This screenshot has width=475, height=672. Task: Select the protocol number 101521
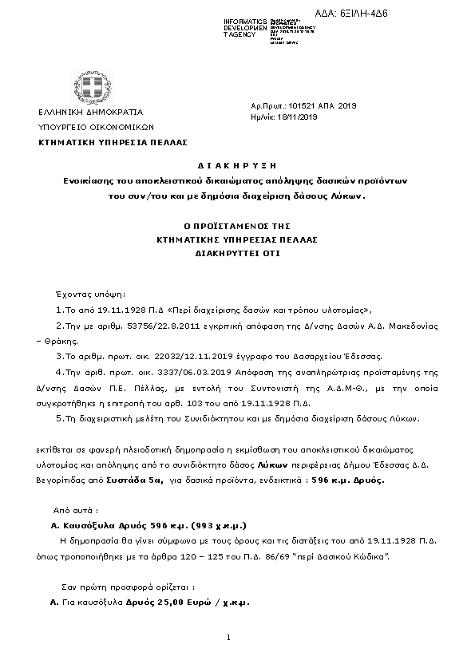(x=300, y=105)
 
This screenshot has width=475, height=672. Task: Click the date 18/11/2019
(x=296, y=117)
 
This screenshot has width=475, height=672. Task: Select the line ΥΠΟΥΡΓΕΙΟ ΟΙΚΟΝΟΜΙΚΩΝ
(x=96, y=126)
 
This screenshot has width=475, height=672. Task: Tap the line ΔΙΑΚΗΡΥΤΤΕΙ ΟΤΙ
(x=237, y=251)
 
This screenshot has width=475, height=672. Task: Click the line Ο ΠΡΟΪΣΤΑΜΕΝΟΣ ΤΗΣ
(x=237, y=226)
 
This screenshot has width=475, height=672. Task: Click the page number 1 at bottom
(x=228, y=637)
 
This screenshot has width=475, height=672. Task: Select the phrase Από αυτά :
(x=75, y=509)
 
